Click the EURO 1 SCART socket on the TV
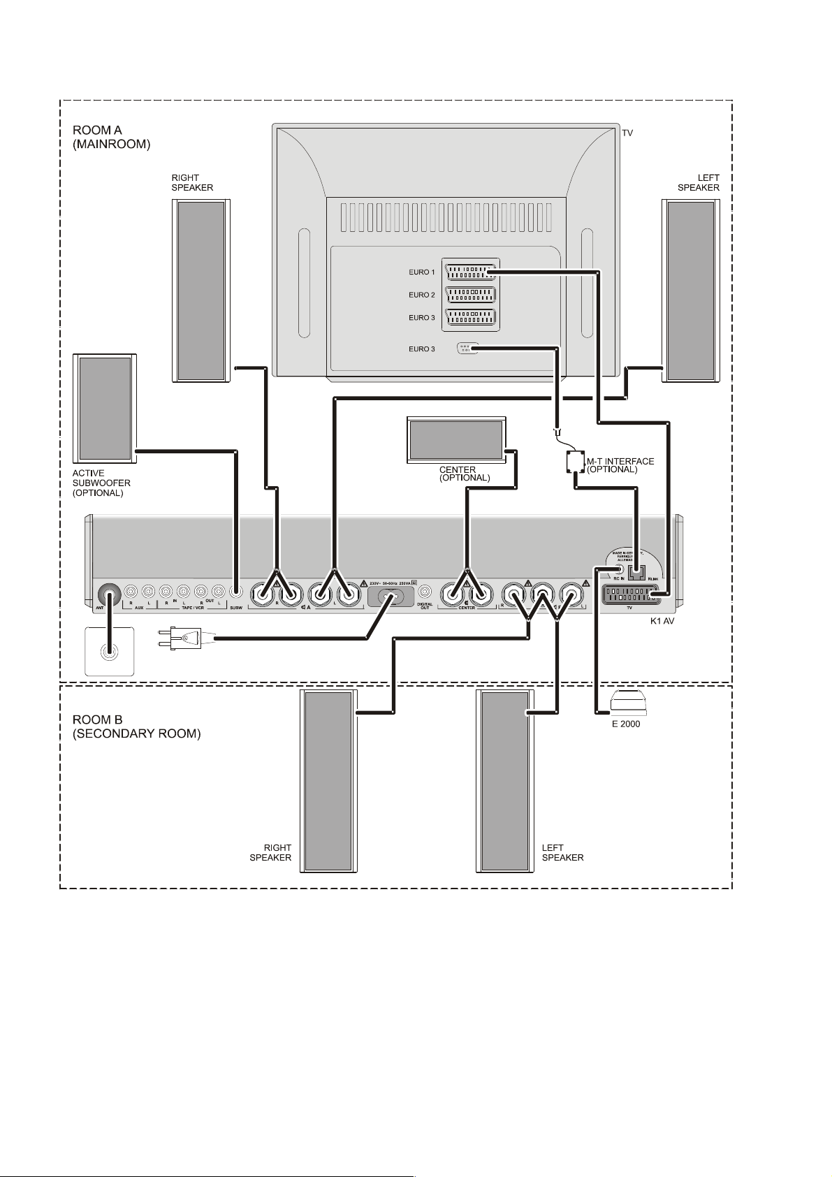pyautogui.click(x=471, y=272)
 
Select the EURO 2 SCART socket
pyautogui.click(x=471, y=295)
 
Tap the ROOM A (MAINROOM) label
pyautogui.click(x=111, y=137)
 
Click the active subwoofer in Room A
pyautogui.click(x=105, y=408)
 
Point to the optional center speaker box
pyautogui.click(x=456, y=439)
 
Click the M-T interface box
pyautogui.click(x=575, y=462)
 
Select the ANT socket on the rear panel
pyautogui.click(x=108, y=595)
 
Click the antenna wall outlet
pyautogui.click(x=109, y=652)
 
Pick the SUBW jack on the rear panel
pyautogui.click(x=236, y=592)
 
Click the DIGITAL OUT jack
pyautogui.click(x=425, y=592)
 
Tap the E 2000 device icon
pyautogui.click(x=626, y=703)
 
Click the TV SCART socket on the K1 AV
pyautogui.click(x=630, y=596)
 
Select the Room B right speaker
pyautogui.click(x=328, y=780)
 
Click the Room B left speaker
pyautogui.click(x=504, y=780)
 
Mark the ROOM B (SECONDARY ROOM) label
pyautogui.click(x=136, y=726)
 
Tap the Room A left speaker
pyautogui.click(x=690, y=291)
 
